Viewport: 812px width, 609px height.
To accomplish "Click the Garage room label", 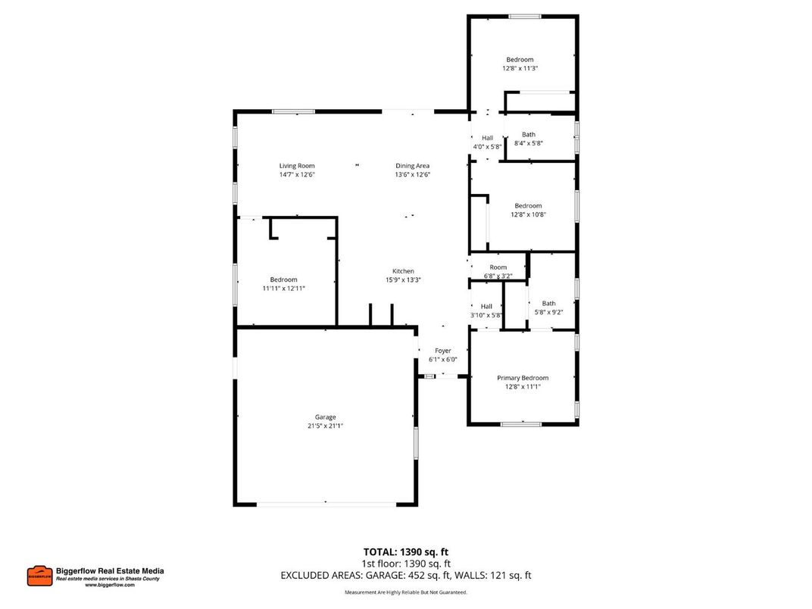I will tap(325, 417).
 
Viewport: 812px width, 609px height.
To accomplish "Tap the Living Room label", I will tap(296, 166).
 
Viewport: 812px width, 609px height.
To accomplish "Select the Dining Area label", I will tap(412, 166).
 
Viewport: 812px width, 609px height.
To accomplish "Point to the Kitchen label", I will tap(403, 271).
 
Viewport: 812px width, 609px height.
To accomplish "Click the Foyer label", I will tap(442, 351).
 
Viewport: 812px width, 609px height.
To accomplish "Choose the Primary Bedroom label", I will tap(522, 378).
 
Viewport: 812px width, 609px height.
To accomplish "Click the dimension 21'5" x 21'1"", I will tap(325, 426).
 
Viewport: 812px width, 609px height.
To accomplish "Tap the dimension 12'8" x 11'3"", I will tap(520, 68).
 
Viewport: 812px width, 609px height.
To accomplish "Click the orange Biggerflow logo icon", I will tap(39, 576).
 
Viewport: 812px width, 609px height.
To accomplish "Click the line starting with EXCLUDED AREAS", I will tap(406, 575).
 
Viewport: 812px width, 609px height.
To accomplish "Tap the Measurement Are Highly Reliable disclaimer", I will tap(406, 592).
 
